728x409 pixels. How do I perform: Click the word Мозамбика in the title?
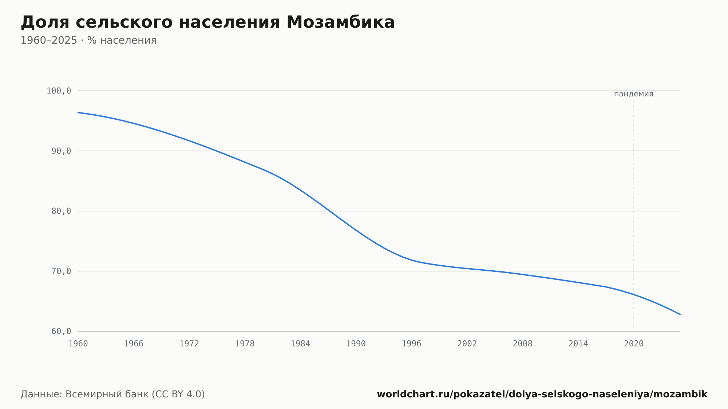[x=340, y=22]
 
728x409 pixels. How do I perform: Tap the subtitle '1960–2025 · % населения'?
[x=88, y=40]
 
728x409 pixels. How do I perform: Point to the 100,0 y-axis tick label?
[x=59, y=91]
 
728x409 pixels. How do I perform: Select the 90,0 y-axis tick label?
[x=61, y=151]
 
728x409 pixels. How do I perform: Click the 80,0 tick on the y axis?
[x=61, y=211]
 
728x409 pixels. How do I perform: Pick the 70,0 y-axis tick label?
[x=61, y=271]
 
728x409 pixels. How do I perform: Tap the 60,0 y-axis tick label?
[x=61, y=331]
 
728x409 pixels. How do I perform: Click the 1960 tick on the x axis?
[x=78, y=344]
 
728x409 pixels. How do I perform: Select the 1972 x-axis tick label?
[x=189, y=344]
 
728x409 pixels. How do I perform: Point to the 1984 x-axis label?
[x=300, y=344]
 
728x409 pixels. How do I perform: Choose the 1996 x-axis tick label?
[x=411, y=344]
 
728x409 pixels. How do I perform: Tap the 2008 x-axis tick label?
[x=523, y=344]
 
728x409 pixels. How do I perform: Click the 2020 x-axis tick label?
[x=634, y=344]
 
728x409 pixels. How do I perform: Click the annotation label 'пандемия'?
[x=634, y=94]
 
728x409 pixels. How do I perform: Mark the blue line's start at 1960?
[x=78, y=112]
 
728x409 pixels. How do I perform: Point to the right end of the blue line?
[x=680, y=314]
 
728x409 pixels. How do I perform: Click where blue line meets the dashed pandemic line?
[x=634, y=294]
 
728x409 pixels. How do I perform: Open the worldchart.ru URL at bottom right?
[x=542, y=394]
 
